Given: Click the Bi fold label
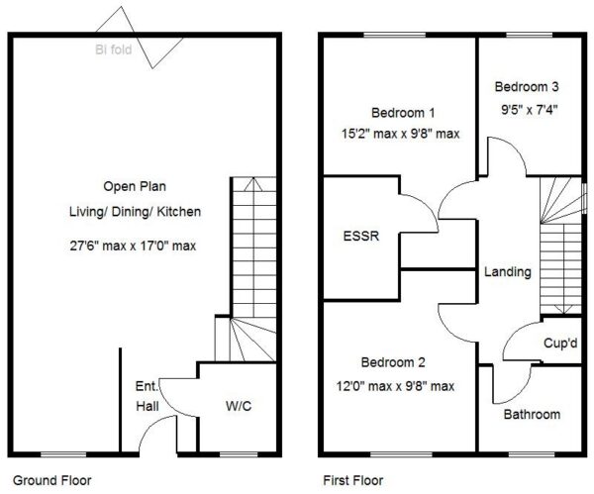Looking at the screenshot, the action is (113, 49).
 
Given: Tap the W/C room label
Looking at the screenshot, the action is (239, 406).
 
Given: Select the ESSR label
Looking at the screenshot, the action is (361, 236).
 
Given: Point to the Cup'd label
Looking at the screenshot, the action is (560, 344).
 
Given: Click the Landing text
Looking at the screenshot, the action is (508, 272).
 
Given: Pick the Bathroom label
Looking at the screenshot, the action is (532, 414).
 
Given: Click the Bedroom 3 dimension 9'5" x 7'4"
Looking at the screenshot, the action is (530, 110).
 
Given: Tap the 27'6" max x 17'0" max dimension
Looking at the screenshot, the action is (133, 246).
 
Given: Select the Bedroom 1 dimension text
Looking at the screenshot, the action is (400, 134).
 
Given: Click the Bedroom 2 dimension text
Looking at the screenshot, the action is (395, 386).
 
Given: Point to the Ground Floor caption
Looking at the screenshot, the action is (52, 481).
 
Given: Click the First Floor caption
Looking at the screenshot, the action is (353, 481).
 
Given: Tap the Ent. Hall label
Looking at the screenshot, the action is (148, 396).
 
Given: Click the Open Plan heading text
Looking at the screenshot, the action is (135, 186).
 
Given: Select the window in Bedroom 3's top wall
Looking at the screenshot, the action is (530, 36).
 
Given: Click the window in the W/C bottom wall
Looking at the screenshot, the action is (239, 454).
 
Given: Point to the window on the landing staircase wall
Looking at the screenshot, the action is (584, 199).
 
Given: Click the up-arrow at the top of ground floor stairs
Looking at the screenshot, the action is (253, 184).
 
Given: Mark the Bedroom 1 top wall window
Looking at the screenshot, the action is (395, 36).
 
